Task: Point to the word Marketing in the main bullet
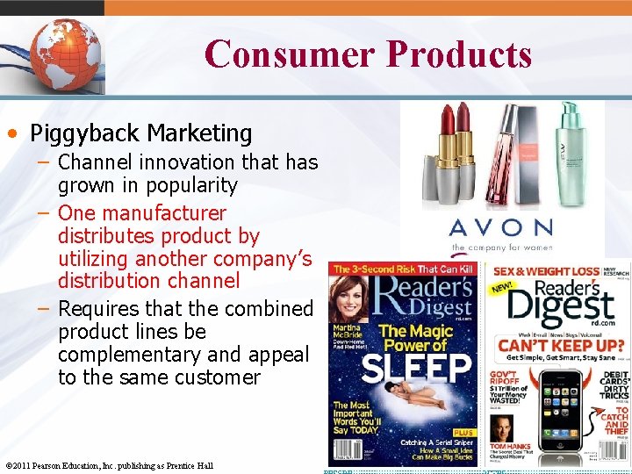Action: pos(199,133)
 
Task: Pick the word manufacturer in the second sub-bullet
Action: pos(166,213)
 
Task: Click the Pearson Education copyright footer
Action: pos(109,464)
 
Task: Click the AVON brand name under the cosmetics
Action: pos(501,228)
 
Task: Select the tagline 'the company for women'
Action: pos(501,248)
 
